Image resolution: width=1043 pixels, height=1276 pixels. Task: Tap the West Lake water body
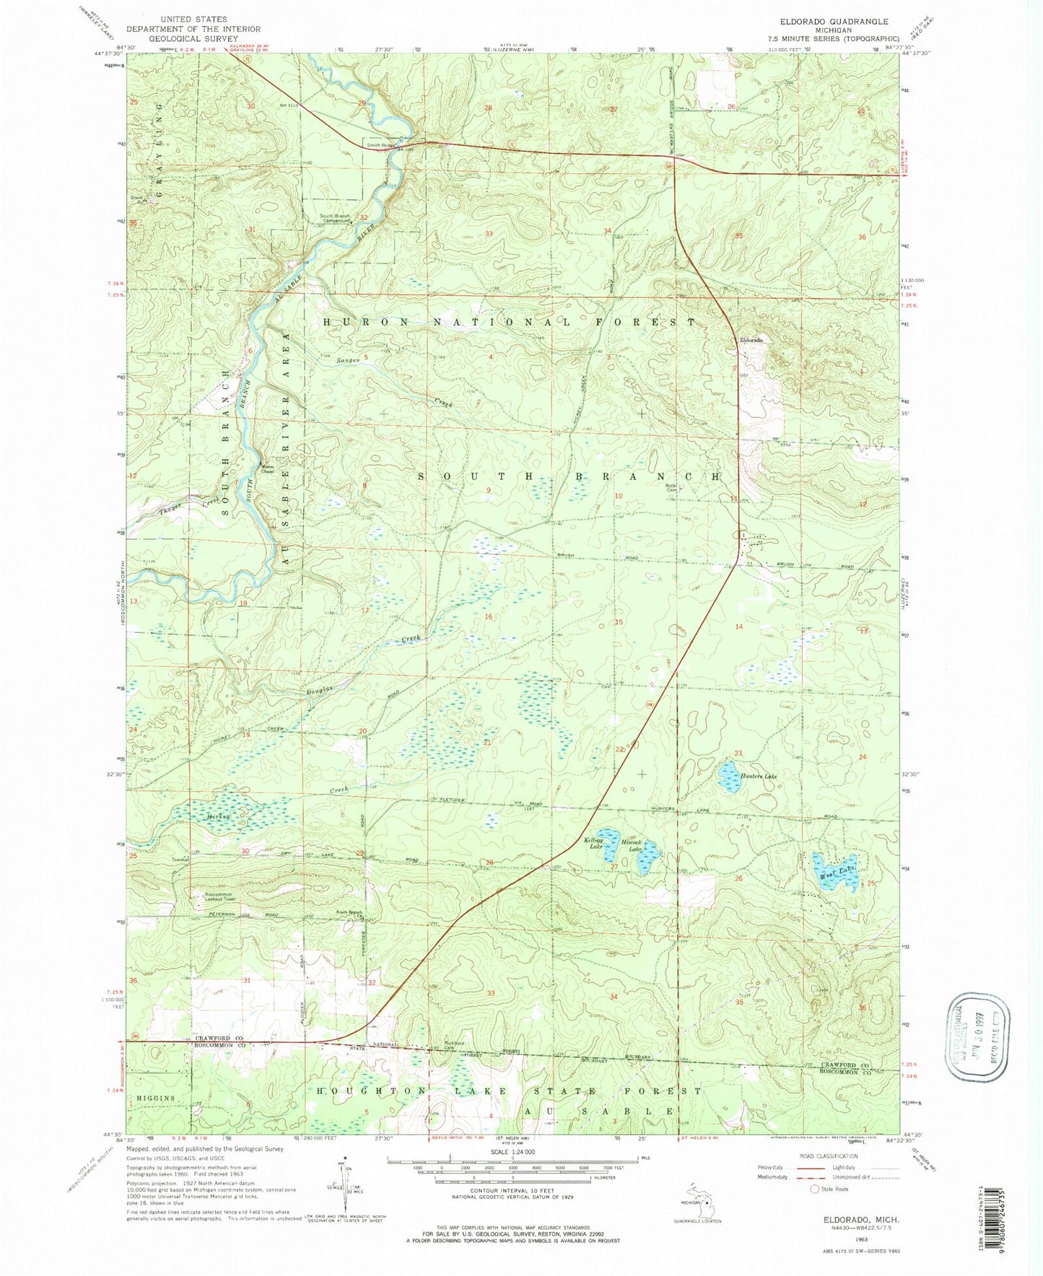coord(836,871)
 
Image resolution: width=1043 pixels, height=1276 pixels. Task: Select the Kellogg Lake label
coord(596,843)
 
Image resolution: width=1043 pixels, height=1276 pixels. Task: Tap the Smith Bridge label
coord(381,145)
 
